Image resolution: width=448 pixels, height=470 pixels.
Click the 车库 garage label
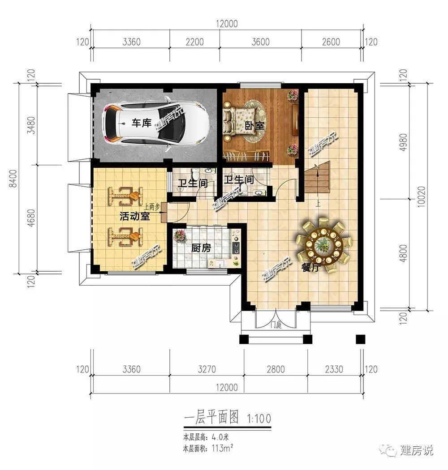coord(141,123)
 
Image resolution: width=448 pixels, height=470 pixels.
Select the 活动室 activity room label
coord(134,216)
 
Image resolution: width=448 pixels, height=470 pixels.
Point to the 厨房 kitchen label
coord(201,248)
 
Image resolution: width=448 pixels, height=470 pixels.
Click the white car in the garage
coord(156,123)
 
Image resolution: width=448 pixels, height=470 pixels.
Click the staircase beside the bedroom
coord(317,178)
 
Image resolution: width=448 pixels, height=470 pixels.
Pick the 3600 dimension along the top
coord(260,42)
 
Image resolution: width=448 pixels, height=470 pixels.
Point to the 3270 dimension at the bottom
coord(207,369)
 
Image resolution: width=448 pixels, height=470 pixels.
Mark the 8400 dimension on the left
coord(13,179)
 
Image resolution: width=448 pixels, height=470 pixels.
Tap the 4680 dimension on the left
coord(30,218)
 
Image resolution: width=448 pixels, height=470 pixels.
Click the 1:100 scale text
coord(259,418)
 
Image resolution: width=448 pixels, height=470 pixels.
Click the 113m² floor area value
coord(222,449)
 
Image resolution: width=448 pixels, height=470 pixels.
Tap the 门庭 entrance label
coord(276,325)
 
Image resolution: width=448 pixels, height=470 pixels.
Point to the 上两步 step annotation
coord(151,207)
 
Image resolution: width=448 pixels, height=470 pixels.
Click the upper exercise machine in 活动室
coord(125,197)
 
